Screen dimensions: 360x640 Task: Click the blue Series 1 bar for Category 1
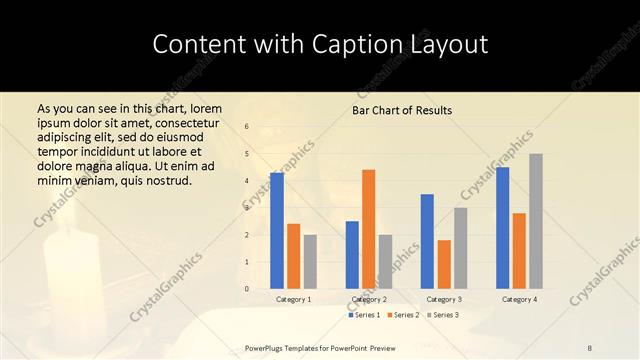pyautogui.click(x=277, y=231)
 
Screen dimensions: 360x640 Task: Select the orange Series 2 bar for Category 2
pyautogui.click(x=368, y=229)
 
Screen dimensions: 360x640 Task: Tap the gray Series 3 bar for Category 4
pyautogui.click(x=536, y=221)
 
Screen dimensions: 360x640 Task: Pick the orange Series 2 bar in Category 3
pyautogui.click(x=444, y=264)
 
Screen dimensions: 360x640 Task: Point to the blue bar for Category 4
pyautogui.click(x=502, y=228)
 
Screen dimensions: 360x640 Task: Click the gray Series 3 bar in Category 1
pyautogui.click(x=310, y=262)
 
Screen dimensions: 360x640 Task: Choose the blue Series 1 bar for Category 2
pyautogui.click(x=352, y=255)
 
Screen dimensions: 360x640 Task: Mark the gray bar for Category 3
pyautogui.click(x=460, y=248)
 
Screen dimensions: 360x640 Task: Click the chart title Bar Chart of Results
pyautogui.click(x=402, y=110)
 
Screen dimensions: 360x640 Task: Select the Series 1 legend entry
pyautogui.click(x=364, y=315)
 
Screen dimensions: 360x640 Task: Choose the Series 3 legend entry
pyautogui.click(x=443, y=315)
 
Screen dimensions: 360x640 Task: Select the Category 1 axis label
pyautogui.click(x=294, y=299)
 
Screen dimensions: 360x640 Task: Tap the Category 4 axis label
pyautogui.click(x=519, y=299)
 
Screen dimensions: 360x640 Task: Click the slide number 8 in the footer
pyautogui.click(x=590, y=347)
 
